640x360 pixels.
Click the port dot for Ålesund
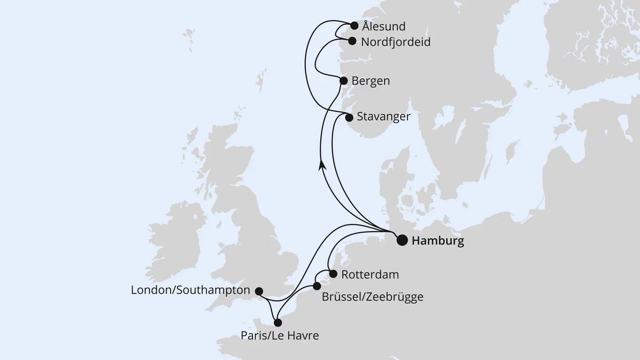(354, 26)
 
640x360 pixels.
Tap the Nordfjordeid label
(396, 42)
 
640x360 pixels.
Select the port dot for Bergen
(343, 80)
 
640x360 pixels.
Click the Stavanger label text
(383, 117)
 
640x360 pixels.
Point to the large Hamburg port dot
(402, 240)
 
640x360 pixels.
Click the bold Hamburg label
(437, 241)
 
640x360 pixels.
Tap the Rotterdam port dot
(333, 274)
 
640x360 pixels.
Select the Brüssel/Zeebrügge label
(372, 297)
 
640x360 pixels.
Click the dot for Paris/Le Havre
(277, 323)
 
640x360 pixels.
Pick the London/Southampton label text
(190, 290)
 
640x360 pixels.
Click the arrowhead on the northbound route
(322, 165)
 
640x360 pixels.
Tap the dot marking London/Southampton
(259, 291)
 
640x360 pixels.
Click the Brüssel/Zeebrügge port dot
(317, 286)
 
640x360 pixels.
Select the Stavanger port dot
(349, 117)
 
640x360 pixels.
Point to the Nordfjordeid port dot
(352, 41)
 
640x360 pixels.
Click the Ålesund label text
(384, 26)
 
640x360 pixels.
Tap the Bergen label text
(370, 81)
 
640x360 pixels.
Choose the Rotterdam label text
(370, 274)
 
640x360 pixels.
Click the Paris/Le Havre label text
(280, 336)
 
